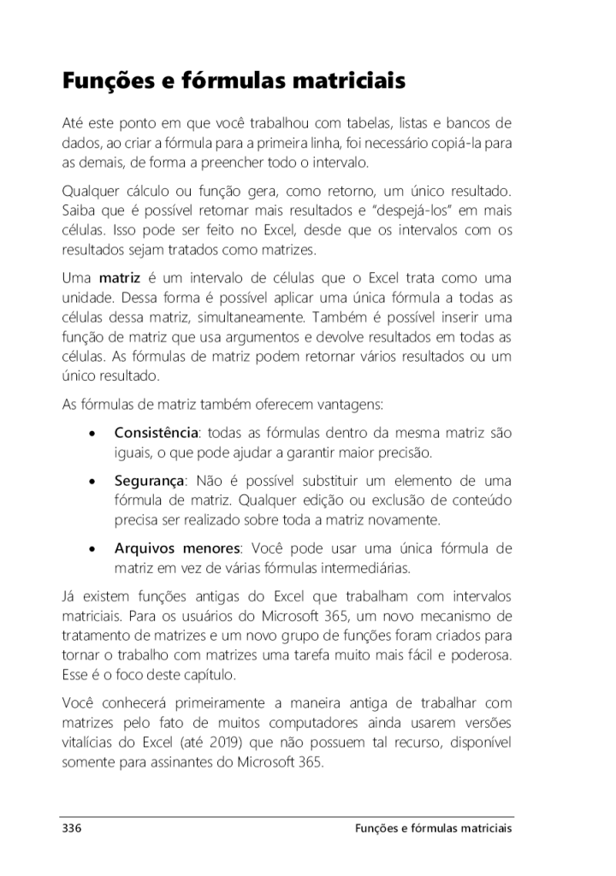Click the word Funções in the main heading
(107, 83)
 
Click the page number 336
(71, 828)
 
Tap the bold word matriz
(120, 279)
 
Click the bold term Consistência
(156, 433)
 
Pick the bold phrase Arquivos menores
(178, 547)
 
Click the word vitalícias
(90, 741)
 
